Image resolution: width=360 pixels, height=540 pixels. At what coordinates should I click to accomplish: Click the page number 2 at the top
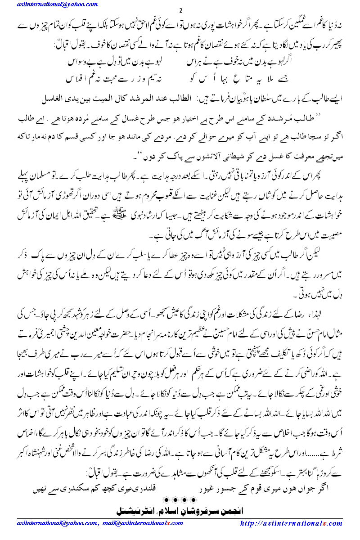180,11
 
